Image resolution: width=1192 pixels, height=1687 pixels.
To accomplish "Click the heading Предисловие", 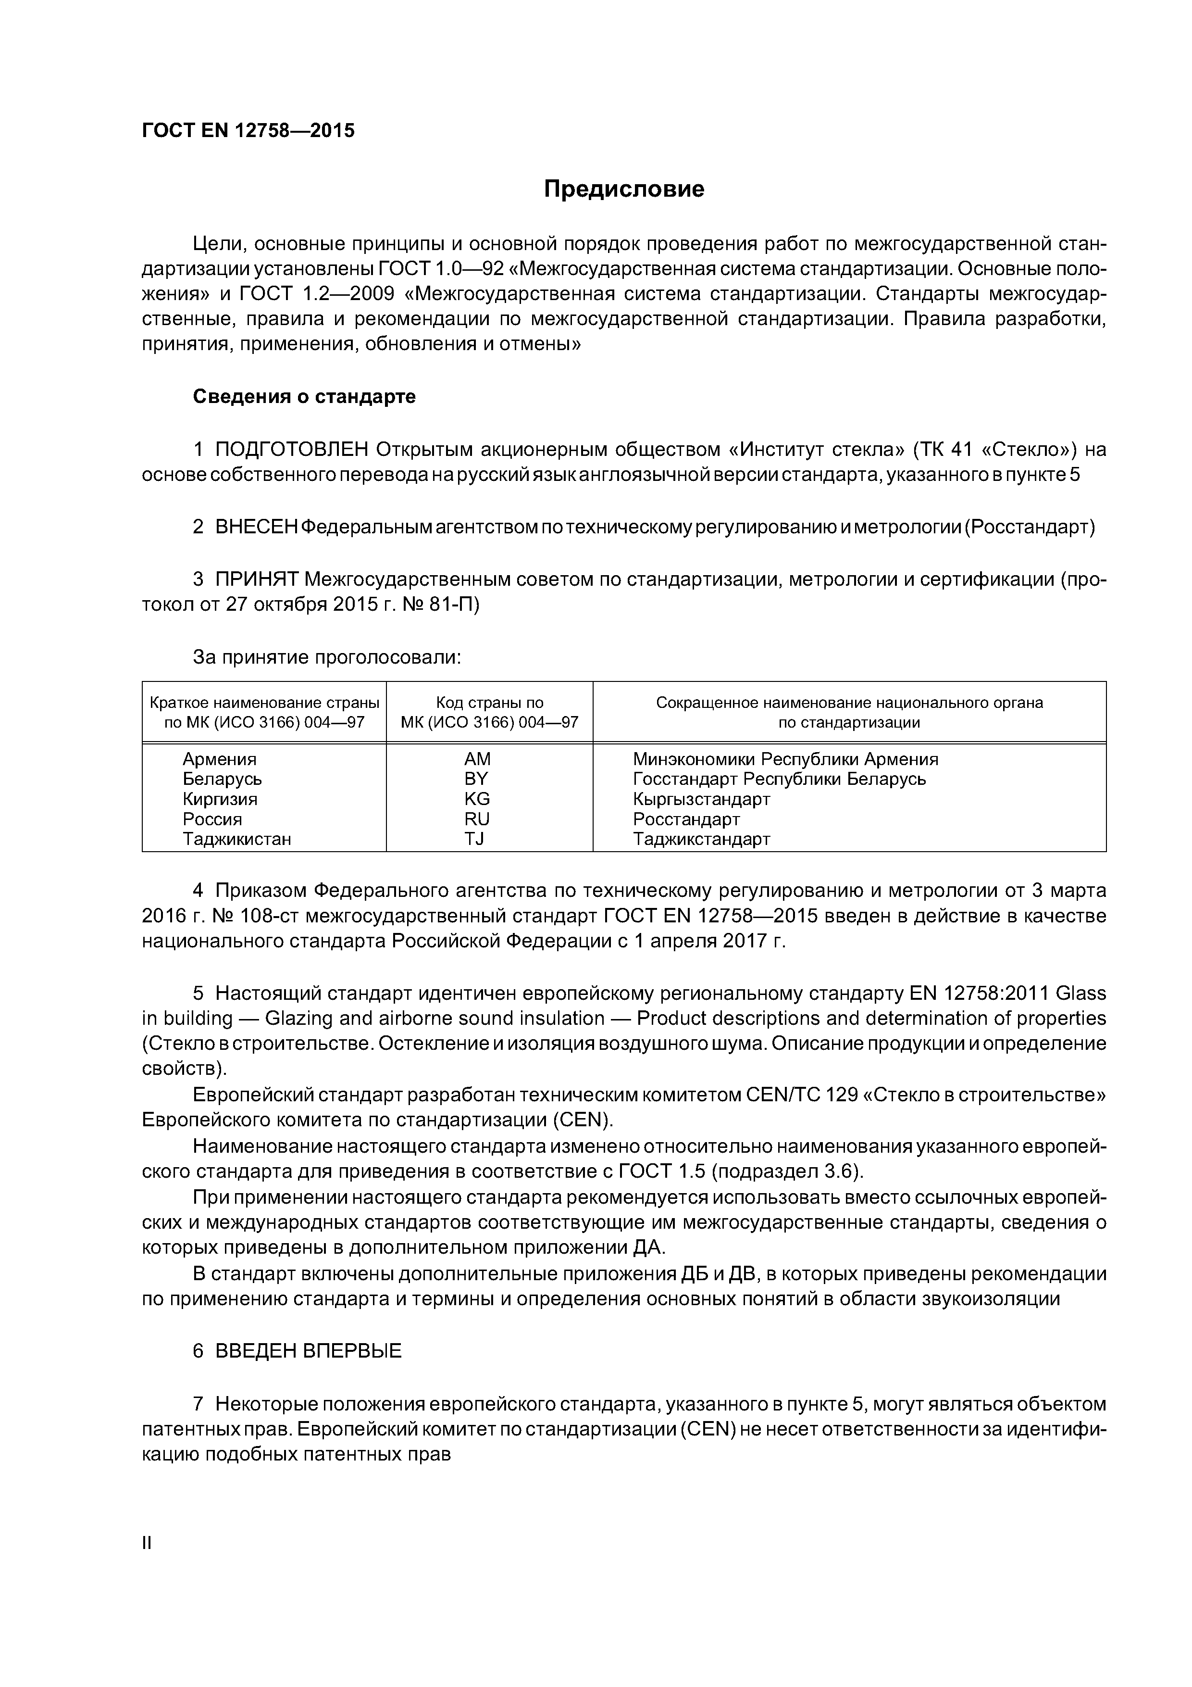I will [623, 189].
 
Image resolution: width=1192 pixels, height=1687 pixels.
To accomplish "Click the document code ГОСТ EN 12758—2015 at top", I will [248, 131].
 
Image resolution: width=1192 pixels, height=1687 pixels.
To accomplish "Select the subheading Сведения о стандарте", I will [304, 397].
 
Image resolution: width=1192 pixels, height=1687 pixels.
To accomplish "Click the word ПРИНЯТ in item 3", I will [256, 579].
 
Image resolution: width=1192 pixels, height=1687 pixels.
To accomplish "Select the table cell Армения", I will [220, 759].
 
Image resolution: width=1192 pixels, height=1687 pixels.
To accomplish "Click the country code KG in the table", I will [477, 799].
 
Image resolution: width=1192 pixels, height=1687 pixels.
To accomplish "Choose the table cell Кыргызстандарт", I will [701, 799].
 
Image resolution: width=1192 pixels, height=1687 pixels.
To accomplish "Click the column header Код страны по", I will [490, 703].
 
